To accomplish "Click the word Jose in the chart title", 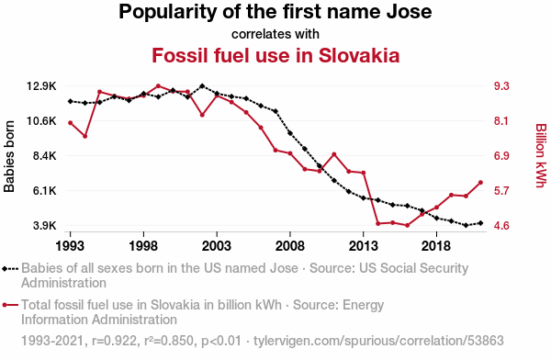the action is click(x=409, y=12).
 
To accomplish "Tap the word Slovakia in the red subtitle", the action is click(x=359, y=55).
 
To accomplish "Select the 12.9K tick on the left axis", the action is click(x=41, y=86).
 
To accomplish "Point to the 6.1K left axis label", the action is click(x=45, y=191).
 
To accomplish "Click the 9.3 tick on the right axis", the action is click(x=501, y=86).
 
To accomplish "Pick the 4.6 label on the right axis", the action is click(x=501, y=225).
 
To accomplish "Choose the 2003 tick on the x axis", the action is click(x=217, y=246).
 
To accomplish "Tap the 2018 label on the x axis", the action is click(x=436, y=246).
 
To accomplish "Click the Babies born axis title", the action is click(x=9, y=156).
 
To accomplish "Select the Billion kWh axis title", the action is click(x=541, y=155).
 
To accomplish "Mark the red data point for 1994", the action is click(x=85, y=136).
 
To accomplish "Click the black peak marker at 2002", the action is click(x=202, y=85).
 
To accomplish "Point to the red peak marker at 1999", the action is click(x=158, y=85).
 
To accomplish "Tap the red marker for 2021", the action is click(x=480, y=183).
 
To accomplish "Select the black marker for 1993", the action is click(x=71, y=101).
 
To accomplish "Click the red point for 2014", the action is click(x=377, y=223).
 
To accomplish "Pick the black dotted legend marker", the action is click(x=10, y=269).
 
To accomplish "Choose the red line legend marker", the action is click(x=10, y=305).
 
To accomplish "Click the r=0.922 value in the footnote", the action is click(x=114, y=341).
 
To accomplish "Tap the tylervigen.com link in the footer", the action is click(x=378, y=341).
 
